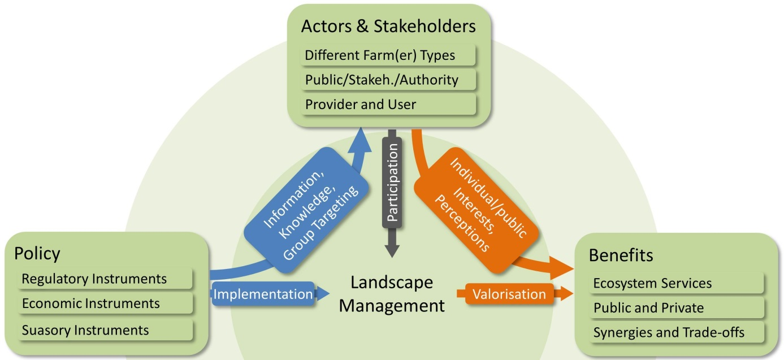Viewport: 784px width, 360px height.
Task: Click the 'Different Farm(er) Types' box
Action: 388,55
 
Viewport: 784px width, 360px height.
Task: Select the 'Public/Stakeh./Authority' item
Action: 388,80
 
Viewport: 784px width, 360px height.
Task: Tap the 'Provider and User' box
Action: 388,104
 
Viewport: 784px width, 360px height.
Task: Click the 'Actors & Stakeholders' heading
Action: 388,26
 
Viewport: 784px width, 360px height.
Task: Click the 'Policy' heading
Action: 37,253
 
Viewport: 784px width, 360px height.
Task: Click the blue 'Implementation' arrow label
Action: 263,294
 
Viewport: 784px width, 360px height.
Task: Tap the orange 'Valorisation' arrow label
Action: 509,294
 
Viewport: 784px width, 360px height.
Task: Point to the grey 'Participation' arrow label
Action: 392,181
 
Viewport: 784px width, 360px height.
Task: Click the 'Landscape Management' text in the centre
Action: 391,294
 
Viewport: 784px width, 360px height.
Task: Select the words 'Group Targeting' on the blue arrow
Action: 321,223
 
